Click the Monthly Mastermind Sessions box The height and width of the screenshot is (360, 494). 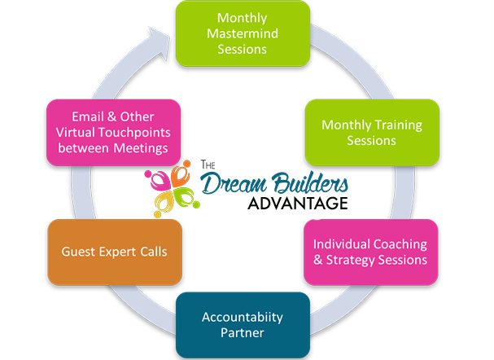[242, 33]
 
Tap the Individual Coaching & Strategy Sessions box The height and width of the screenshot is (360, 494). [369, 252]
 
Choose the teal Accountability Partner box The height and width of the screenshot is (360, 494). [242, 324]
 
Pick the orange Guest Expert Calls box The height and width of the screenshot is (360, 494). [114, 252]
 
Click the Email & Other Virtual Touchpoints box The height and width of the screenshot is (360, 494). [114, 132]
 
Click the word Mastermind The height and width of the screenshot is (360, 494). [242, 33]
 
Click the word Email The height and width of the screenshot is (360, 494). [87, 116]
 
